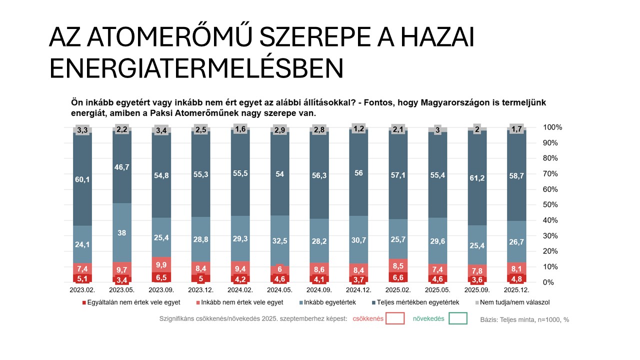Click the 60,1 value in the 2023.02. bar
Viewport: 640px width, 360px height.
click(82, 180)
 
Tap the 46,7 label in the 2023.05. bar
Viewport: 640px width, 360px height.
click(122, 167)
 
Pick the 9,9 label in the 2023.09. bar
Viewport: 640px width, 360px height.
click(161, 264)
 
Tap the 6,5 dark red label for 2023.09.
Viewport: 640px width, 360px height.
click(161, 276)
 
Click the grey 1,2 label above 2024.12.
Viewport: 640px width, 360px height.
click(358, 129)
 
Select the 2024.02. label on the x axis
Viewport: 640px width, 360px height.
click(240, 290)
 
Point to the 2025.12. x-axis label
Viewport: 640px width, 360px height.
click(516, 290)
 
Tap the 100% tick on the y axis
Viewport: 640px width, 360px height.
click(552, 127)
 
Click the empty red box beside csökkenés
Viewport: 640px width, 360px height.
click(394, 318)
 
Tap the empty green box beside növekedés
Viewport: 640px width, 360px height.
click(458, 318)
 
